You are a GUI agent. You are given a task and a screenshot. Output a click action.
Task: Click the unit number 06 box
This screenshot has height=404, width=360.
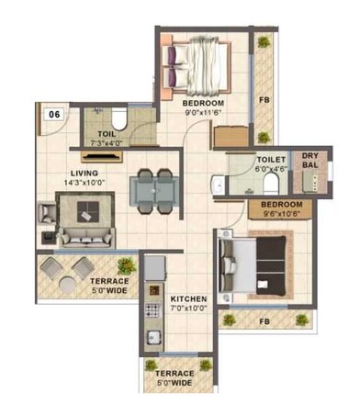(54, 115)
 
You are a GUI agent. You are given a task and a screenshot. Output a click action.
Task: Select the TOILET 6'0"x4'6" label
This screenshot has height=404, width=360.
(270, 163)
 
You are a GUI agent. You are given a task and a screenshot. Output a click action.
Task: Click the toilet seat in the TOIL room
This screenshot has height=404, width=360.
(118, 119)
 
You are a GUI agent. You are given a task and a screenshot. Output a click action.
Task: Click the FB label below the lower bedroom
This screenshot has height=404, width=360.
(263, 322)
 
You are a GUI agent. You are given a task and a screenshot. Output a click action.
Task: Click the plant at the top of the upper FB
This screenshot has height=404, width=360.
(264, 41)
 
